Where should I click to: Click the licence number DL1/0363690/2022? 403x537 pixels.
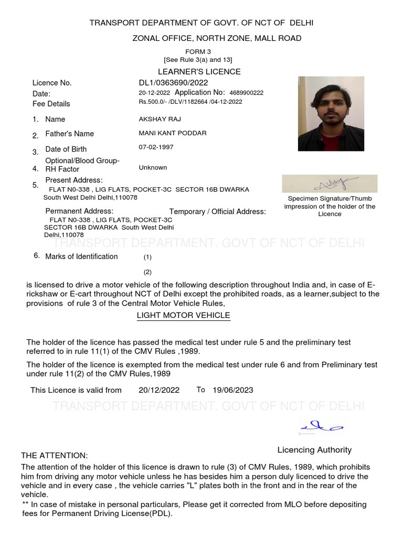click(x=173, y=83)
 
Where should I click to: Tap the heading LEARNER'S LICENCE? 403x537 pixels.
click(x=199, y=71)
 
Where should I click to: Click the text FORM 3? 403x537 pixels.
click(x=198, y=52)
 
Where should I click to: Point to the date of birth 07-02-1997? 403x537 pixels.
click(x=156, y=147)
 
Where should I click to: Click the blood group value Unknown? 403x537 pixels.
click(x=153, y=168)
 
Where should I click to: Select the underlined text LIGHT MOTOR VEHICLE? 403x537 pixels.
click(x=183, y=315)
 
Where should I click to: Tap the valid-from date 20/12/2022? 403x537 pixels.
click(x=159, y=390)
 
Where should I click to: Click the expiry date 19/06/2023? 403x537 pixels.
click(x=233, y=390)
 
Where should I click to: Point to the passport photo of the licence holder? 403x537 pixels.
click(x=331, y=113)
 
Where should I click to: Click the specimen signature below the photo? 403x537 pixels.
click(x=330, y=184)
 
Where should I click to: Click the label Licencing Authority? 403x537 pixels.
click(x=314, y=450)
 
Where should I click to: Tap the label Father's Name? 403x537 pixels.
click(x=70, y=134)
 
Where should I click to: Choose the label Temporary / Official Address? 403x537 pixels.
click(x=217, y=211)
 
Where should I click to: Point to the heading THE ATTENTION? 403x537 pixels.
click(x=55, y=455)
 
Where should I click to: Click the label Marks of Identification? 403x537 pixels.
click(x=81, y=256)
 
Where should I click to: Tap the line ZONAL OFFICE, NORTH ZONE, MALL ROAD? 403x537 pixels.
click(x=217, y=38)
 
